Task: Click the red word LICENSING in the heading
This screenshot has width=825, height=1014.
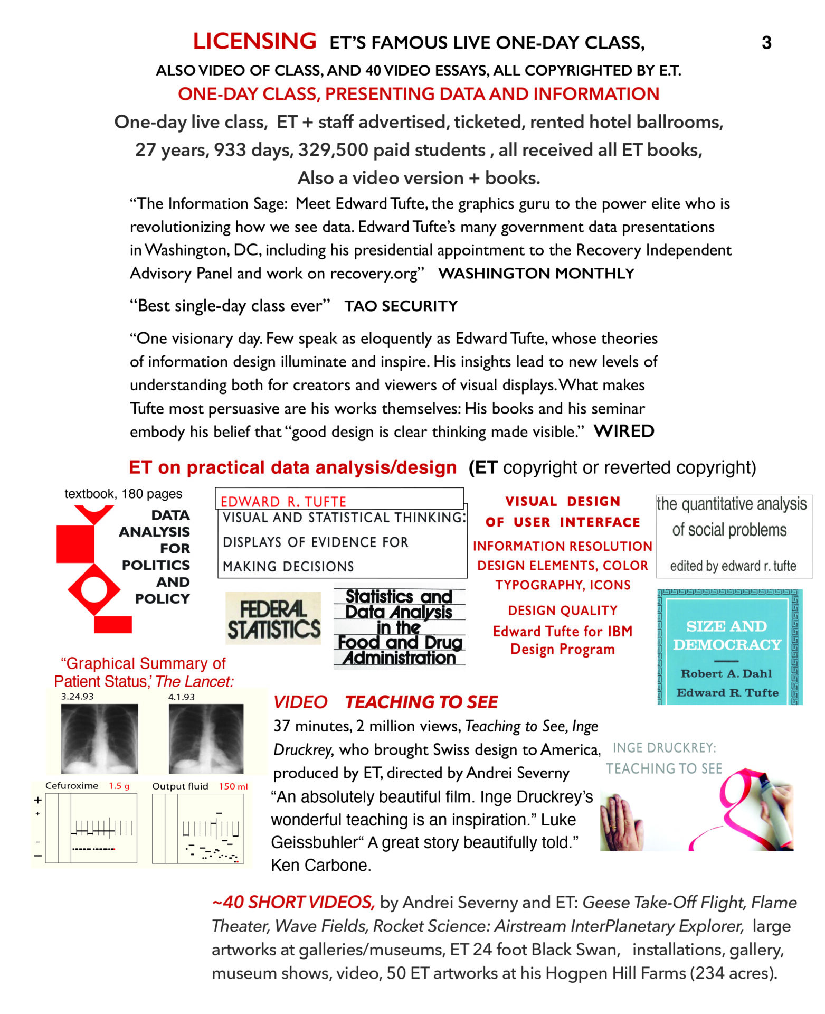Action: pos(254,41)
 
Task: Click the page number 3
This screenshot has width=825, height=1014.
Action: pos(766,43)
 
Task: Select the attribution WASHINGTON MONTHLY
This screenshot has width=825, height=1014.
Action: pos(536,274)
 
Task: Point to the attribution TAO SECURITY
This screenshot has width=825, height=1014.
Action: pos(401,306)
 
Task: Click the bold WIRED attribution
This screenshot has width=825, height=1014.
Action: pos(624,431)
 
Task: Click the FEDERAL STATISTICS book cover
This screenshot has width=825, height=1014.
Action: pos(273,618)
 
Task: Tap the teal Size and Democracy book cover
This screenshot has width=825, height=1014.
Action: pos(729,647)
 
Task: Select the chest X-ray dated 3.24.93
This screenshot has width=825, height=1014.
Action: pos(99,738)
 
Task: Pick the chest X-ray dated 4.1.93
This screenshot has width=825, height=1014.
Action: pos(206,738)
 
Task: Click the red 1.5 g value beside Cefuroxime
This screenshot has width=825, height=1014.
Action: pos(119,786)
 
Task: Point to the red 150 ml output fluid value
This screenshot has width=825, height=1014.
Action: pos(233,786)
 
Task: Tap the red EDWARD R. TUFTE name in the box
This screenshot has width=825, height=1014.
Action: pos(283,501)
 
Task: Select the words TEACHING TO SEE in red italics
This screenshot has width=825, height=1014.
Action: pos(421,702)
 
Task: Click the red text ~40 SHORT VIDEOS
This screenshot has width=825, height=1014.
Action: pos(293,902)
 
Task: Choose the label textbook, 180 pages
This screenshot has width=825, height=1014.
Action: pos(123,494)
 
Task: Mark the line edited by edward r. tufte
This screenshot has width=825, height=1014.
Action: pos(733,566)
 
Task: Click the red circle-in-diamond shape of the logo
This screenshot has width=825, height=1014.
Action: pos(94,589)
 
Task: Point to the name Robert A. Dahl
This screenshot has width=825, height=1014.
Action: pos(726,673)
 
